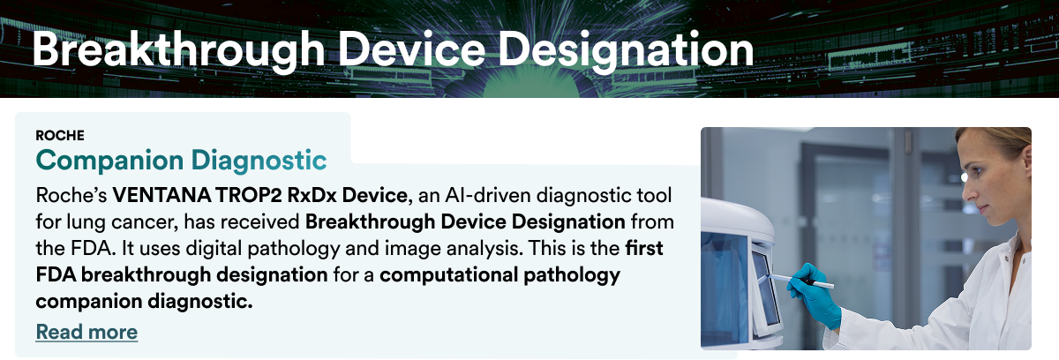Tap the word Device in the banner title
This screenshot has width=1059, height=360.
point(411,49)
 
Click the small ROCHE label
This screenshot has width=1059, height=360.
point(60,136)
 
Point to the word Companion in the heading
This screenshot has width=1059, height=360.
point(109,161)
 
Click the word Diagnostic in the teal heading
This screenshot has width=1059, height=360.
point(259,160)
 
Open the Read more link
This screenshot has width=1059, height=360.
point(86,332)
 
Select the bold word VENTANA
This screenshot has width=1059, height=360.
point(161,195)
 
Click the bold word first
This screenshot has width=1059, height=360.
point(644,248)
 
